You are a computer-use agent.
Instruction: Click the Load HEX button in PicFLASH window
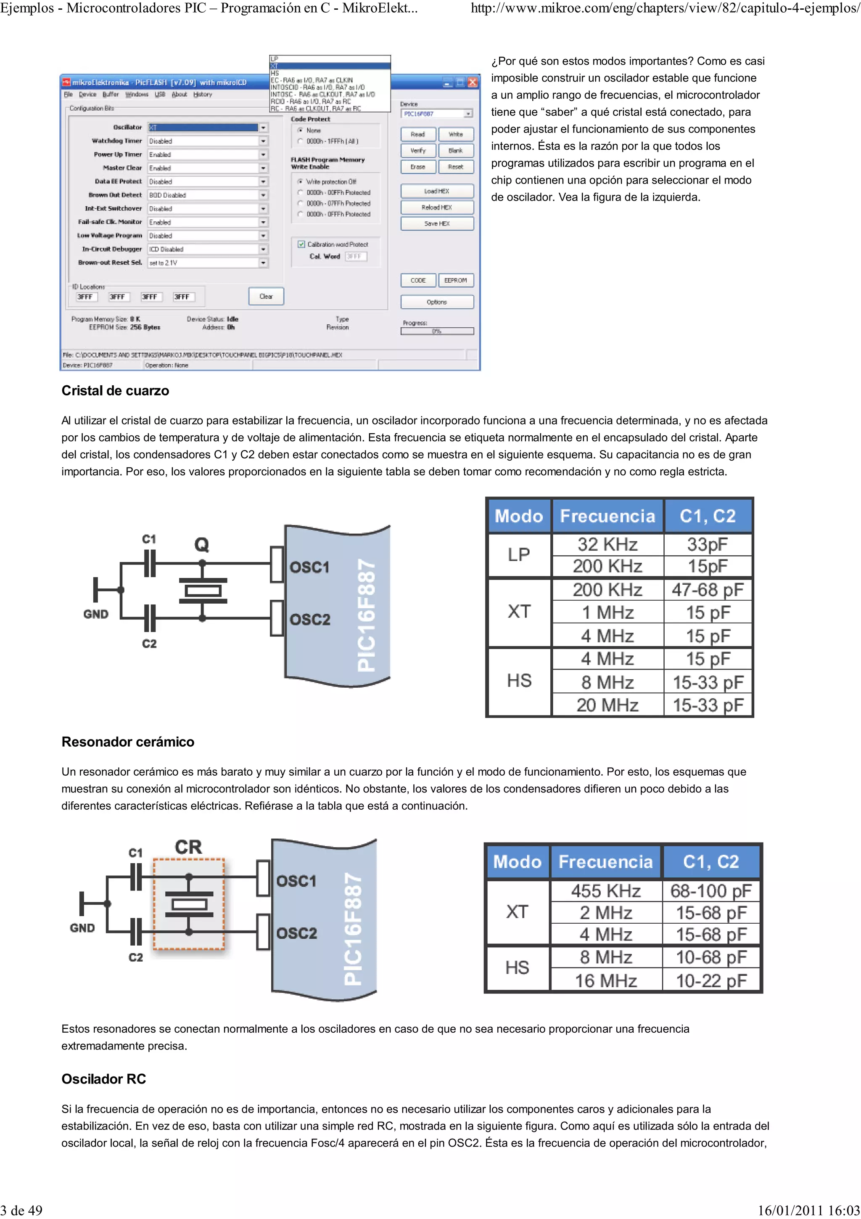[x=437, y=191]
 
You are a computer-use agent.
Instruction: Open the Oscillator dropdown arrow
[x=263, y=127]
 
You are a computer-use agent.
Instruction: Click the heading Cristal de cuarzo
[x=115, y=391]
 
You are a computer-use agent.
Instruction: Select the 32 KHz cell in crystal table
[x=607, y=544]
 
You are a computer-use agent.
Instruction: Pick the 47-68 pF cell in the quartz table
[x=708, y=589]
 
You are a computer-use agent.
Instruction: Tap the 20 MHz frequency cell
[x=607, y=705]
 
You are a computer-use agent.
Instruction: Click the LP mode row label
[x=519, y=555]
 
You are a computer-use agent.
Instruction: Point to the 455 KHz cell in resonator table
[x=606, y=890]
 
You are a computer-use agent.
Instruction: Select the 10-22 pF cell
[x=711, y=980]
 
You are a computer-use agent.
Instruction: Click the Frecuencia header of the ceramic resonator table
[x=606, y=861]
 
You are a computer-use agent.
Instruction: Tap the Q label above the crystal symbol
[x=202, y=544]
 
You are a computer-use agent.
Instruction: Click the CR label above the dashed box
[x=188, y=847]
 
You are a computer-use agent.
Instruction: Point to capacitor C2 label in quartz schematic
[x=149, y=644]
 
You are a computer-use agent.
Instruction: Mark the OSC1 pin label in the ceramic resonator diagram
[x=296, y=881]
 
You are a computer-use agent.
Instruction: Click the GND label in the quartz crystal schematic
[x=95, y=614]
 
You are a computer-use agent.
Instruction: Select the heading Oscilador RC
[x=103, y=1079]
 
